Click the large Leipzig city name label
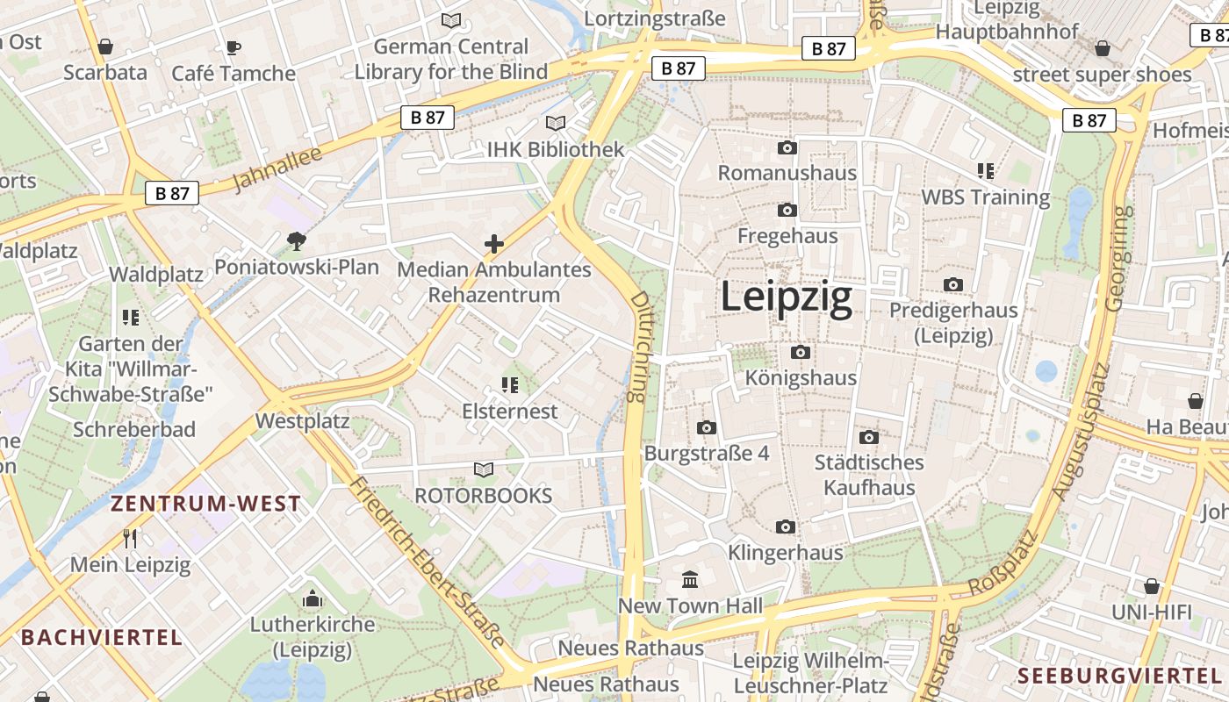point(786,297)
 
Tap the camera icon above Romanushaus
point(787,147)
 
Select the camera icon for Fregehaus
point(787,210)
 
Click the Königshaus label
point(800,378)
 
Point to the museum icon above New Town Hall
point(690,580)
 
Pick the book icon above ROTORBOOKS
point(483,469)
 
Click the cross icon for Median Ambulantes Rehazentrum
point(494,243)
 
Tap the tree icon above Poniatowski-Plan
point(297,240)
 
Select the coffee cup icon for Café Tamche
point(233,47)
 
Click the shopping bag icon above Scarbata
point(105,47)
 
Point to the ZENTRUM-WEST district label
point(205,504)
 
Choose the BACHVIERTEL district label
point(102,637)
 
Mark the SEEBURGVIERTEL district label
point(1119,676)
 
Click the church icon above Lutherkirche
point(312,599)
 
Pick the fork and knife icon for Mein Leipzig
point(130,538)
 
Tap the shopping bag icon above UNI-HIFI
point(1151,585)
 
